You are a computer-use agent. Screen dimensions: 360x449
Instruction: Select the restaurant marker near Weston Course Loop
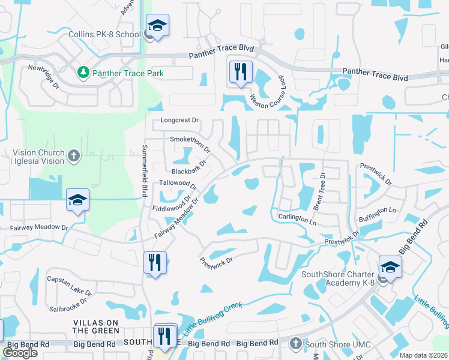coord(240,72)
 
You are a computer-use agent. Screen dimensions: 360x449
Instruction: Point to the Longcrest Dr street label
coord(179,120)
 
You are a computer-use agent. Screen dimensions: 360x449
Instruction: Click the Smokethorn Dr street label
coord(190,143)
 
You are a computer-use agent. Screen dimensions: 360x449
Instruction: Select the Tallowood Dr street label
coord(178,183)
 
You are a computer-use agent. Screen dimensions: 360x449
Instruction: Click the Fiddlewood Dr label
coord(172,205)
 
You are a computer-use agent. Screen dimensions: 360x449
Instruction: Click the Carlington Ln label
coord(297,218)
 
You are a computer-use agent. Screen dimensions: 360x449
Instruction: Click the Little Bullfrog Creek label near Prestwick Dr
coord(212,319)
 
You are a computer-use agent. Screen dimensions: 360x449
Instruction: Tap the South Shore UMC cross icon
coord(295,344)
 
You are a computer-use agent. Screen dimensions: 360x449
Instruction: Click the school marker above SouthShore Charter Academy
coord(390,268)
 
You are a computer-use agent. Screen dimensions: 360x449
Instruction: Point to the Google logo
coord(20,353)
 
